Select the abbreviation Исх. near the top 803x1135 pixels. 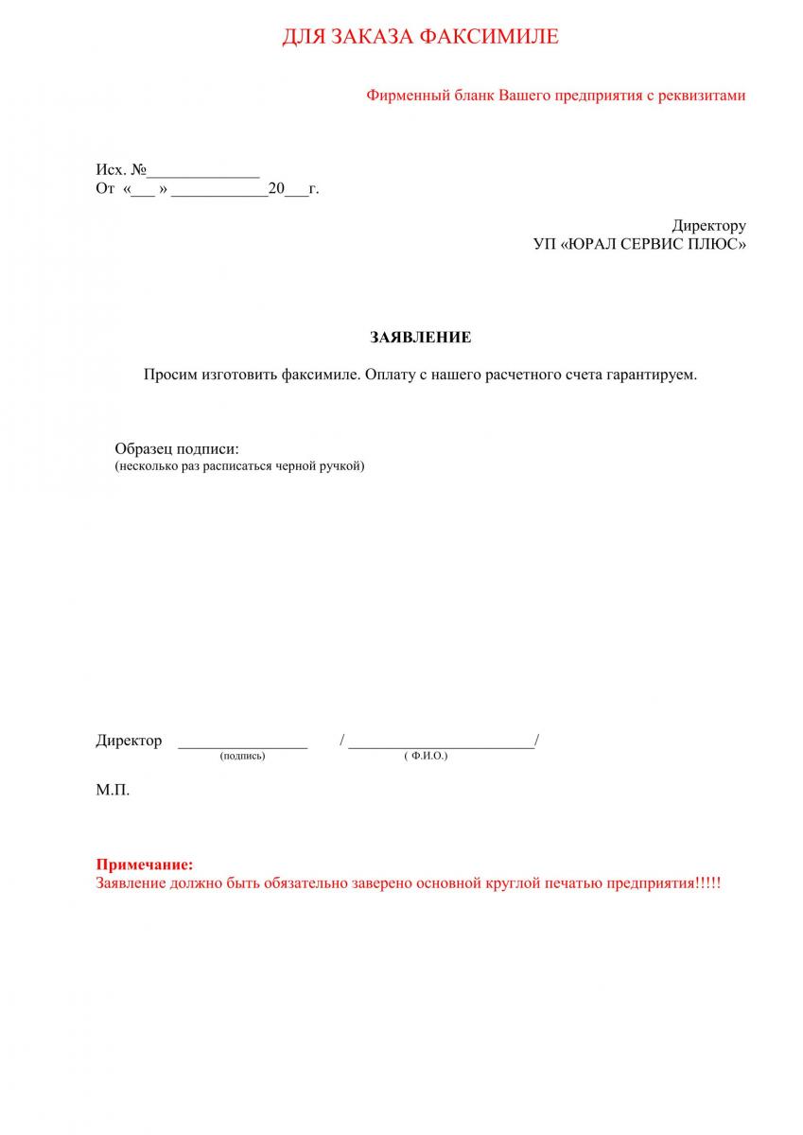(111, 170)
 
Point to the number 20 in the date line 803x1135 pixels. (276, 189)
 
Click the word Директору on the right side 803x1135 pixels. (708, 226)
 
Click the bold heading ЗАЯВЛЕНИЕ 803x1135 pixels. (420, 338)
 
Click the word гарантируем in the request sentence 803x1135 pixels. (651, 375)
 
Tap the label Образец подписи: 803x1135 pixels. (177, 449)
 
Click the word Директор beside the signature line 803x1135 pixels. (129, 741)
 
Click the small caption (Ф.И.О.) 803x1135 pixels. (425, 757)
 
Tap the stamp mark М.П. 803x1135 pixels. (113, 790)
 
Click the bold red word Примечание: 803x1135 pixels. (145, 864)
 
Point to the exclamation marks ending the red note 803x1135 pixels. (707, 883)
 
